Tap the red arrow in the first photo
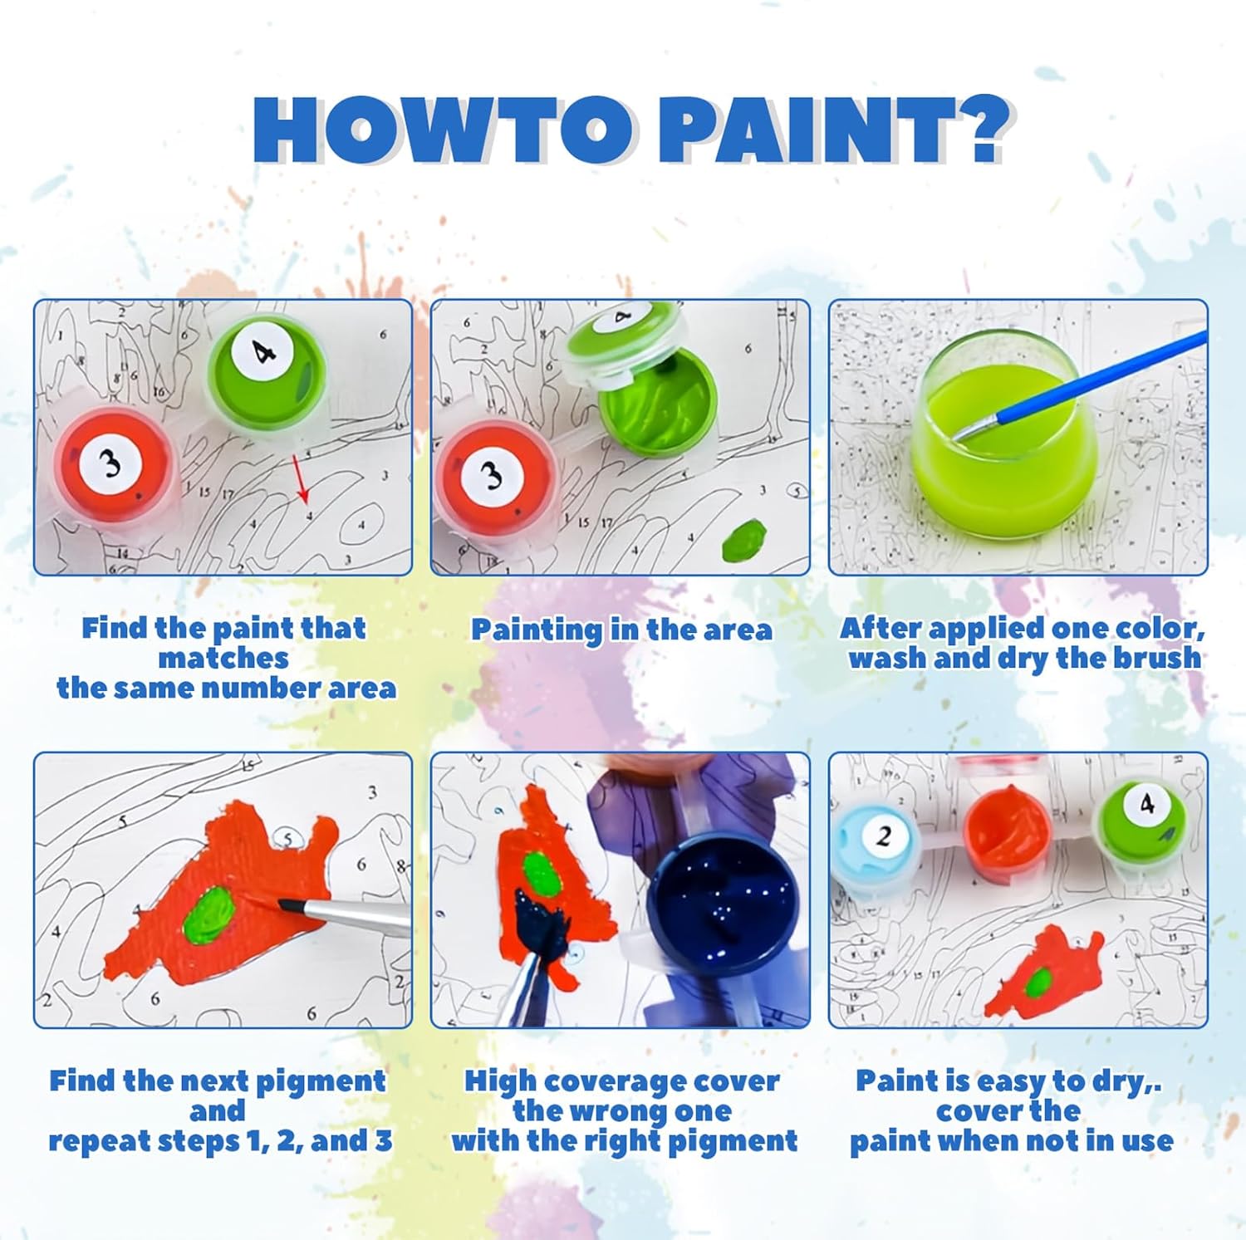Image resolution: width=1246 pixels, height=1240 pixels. click(300, 479)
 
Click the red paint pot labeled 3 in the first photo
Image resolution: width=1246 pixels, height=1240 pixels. click(115, 468)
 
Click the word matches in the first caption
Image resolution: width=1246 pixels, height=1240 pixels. click(223, 658)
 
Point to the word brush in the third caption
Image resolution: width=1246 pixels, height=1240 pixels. click(1156, 658)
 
